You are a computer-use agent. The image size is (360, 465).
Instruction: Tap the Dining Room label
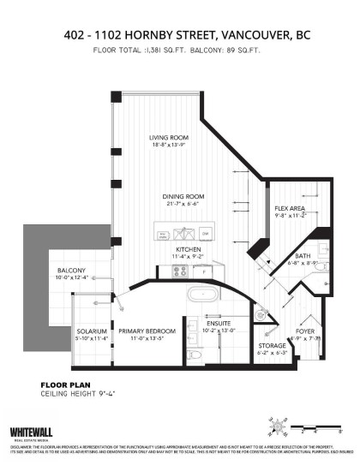pos(181,197)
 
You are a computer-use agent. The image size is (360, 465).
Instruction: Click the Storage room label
pos(272,345)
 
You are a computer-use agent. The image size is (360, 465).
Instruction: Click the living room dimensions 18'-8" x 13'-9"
pos(169,146)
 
